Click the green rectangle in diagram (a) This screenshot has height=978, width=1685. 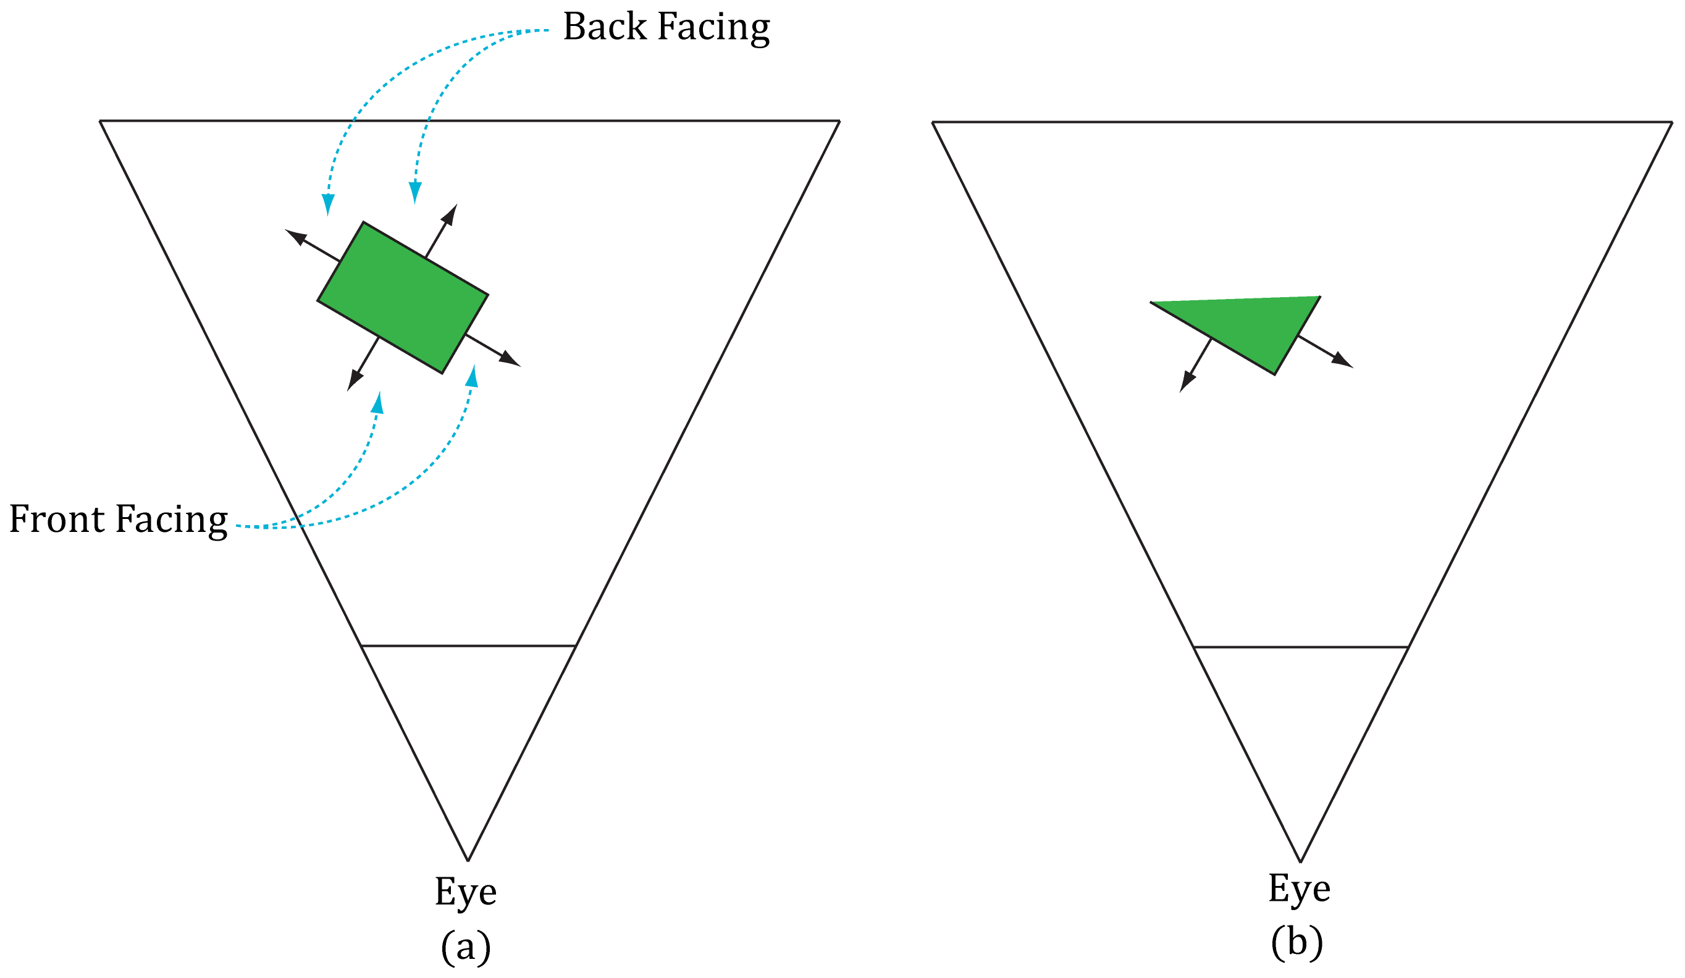point(403,298)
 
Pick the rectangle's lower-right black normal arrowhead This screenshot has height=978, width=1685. point(511,360)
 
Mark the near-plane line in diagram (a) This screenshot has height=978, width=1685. point(468,646)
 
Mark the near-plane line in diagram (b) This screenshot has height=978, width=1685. point(1301,647)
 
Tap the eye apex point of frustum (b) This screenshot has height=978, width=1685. point(1301,862)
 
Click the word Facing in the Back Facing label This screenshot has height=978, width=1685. point(713,28)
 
